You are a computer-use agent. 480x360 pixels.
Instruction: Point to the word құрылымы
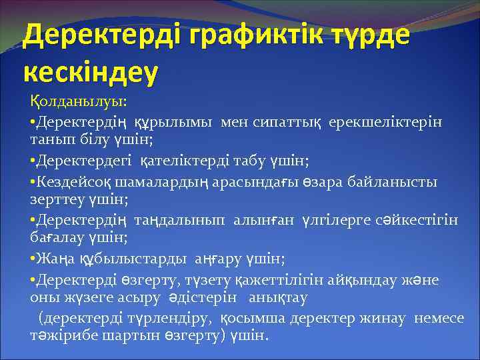click(x=175, y=123)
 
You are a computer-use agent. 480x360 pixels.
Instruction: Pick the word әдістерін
click(x=211, y=297)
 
